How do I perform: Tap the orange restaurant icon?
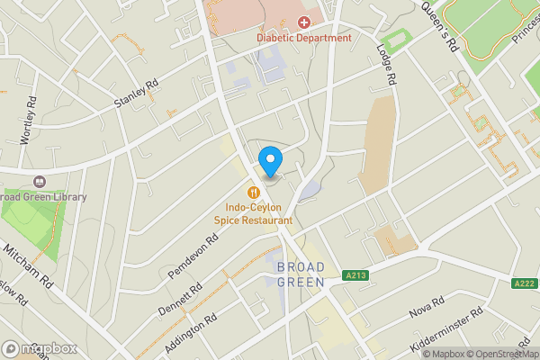point(254,192)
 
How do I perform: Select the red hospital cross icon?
point(303,21)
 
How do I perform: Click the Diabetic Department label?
point(303,38)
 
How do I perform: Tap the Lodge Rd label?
point(388,65)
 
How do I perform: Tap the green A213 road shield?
point(355,276)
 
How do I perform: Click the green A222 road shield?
point(523,284)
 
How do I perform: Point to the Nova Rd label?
point(427,307)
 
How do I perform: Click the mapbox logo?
point(38,348)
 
